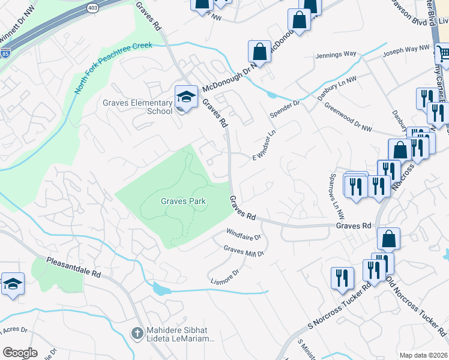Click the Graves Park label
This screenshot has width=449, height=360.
coord(183,202)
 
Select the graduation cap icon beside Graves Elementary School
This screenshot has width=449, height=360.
coord(186,97)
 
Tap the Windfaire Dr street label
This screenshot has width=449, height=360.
coord(244,233)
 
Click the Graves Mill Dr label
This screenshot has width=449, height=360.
coord(244,250)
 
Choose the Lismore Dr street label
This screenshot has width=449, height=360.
coord(225,276)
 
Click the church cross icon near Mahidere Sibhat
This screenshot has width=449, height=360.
coord(137,332)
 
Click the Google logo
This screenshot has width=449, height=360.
coord(20,352)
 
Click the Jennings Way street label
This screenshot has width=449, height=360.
coord(339,55)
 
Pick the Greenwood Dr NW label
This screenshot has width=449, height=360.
coord(348,116)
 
